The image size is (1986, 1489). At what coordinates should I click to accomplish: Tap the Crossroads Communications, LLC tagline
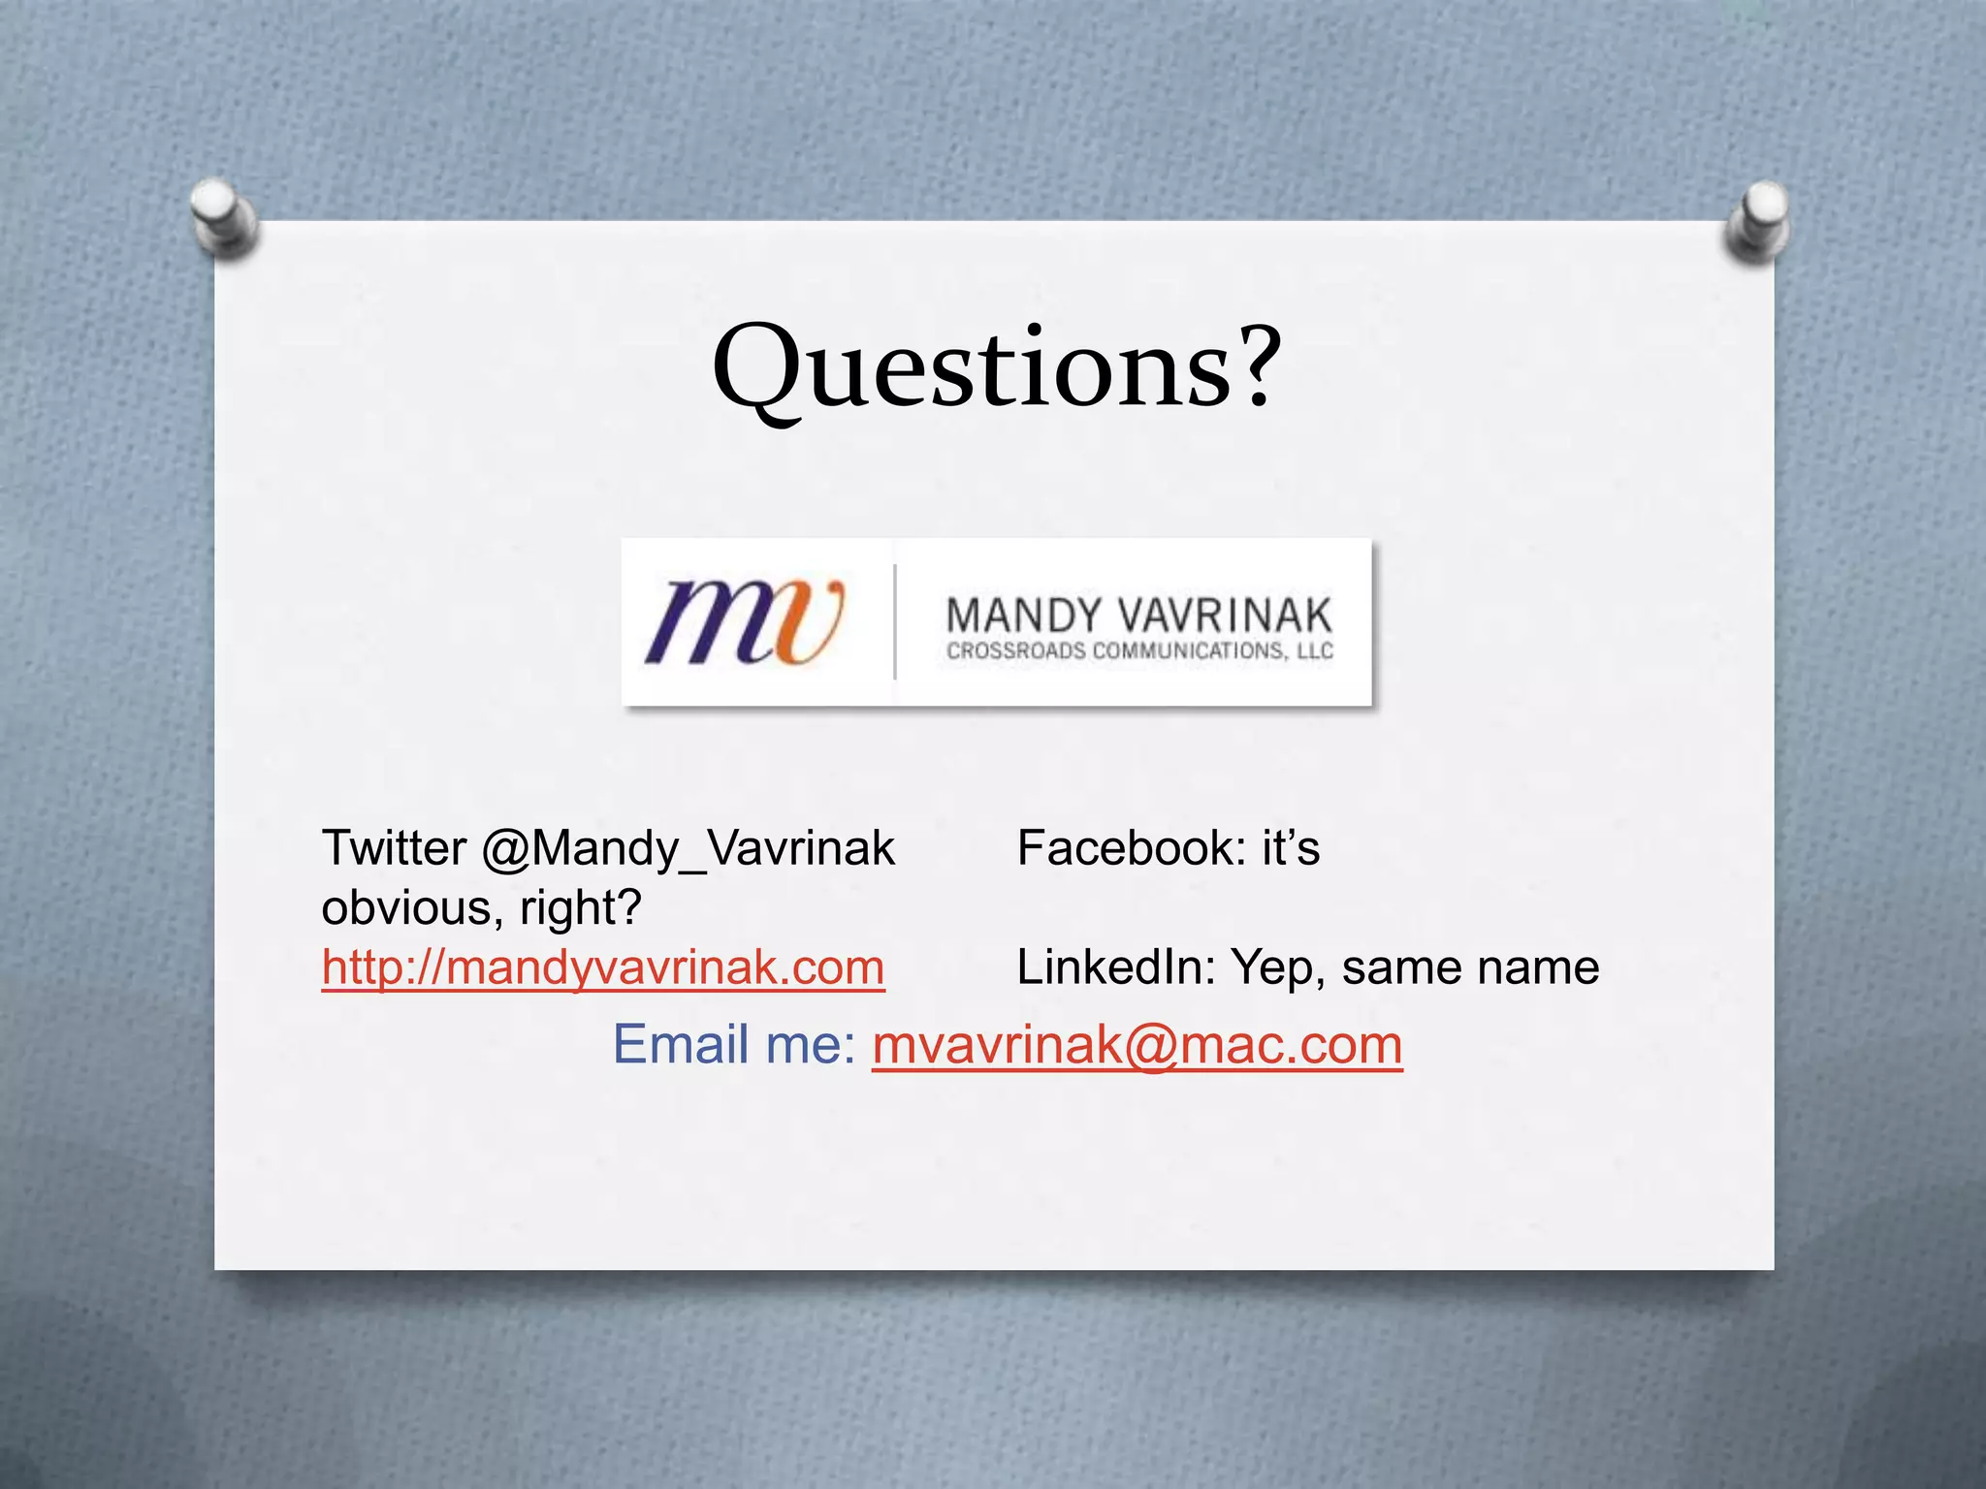point(1139,651)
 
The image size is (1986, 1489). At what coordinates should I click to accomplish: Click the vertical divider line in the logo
point(894,621)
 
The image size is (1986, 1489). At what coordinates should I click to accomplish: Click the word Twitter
point(394,848)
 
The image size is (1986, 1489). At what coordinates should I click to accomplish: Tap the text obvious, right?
point(482,908)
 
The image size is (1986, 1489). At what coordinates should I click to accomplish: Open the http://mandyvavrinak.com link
point(603,967)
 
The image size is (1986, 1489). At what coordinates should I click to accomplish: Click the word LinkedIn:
point(1115,967)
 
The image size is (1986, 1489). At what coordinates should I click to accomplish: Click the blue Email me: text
point(734,1045)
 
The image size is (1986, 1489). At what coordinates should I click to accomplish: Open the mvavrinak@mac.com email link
point(1137,1045)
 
